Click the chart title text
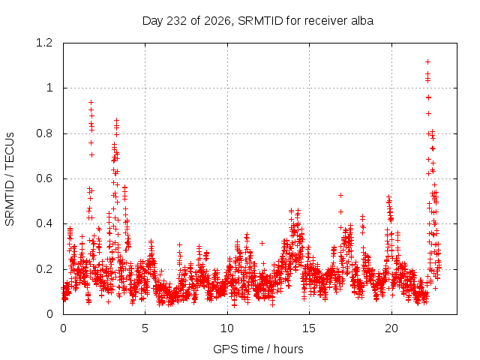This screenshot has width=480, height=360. tap(258, 21)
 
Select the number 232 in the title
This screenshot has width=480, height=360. tap(177, 21)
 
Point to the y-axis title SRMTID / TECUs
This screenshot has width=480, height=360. tap(10, 179)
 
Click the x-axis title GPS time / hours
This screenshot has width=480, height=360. tap(258, 349)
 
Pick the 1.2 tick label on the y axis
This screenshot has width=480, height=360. tap(44, 43)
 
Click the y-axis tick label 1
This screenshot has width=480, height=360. tap(49, 88)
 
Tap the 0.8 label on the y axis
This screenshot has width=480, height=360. tap(44, 133)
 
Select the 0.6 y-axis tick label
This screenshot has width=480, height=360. tap(44, 178)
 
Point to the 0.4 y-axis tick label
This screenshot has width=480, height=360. tap(44, 223)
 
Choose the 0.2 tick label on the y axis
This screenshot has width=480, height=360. tap(44, 269)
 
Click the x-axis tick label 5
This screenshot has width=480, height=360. tap(145, 328)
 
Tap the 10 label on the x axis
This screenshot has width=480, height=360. tap(227, 328)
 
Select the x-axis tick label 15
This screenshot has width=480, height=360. tap(309, 328)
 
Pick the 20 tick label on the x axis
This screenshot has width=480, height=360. tap(391, 328)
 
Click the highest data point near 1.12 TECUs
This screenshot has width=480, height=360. tap(428, 61)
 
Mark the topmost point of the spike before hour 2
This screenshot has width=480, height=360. tap(91, 102)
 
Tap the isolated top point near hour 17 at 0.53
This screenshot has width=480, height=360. tap(340, 195)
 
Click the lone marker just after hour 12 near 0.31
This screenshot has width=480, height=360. tap(262, 243)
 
